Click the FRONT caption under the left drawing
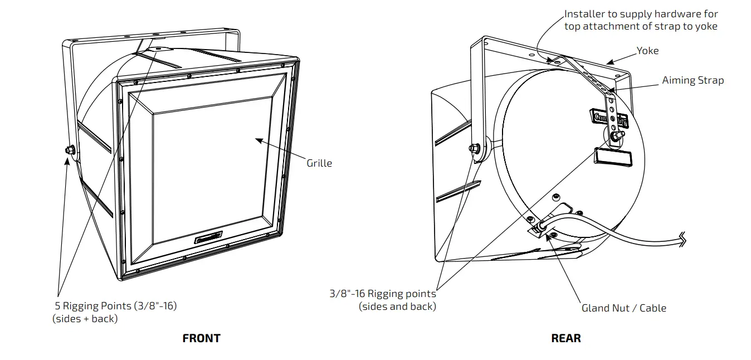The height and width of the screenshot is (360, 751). [201, 338]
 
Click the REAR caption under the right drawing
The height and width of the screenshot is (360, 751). [565, 338]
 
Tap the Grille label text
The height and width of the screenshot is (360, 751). [319, 163]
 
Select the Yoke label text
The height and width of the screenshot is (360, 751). [647, 51]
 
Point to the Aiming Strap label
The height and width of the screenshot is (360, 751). [693, 80]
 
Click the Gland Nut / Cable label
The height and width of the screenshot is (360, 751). [623, 308]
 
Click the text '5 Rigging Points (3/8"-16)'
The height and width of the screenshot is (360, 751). [116, 306]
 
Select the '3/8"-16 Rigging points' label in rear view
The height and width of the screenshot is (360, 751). [382, 294]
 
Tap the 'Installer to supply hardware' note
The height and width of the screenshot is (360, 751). [641, 14]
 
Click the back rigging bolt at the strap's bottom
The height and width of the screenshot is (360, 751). [617, 135]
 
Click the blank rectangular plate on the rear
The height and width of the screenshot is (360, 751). [612, 158]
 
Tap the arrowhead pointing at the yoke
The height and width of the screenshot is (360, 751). [610, 62]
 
